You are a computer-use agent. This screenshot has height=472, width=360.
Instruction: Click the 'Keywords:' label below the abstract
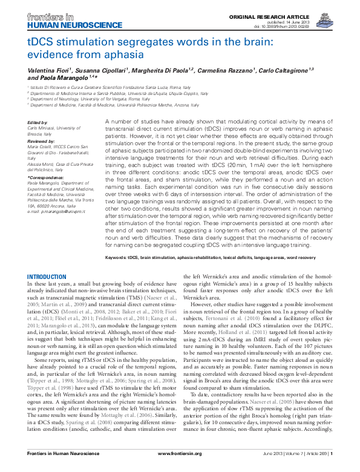click(116, 257)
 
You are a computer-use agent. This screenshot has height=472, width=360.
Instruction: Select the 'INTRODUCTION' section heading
click(48, 277)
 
